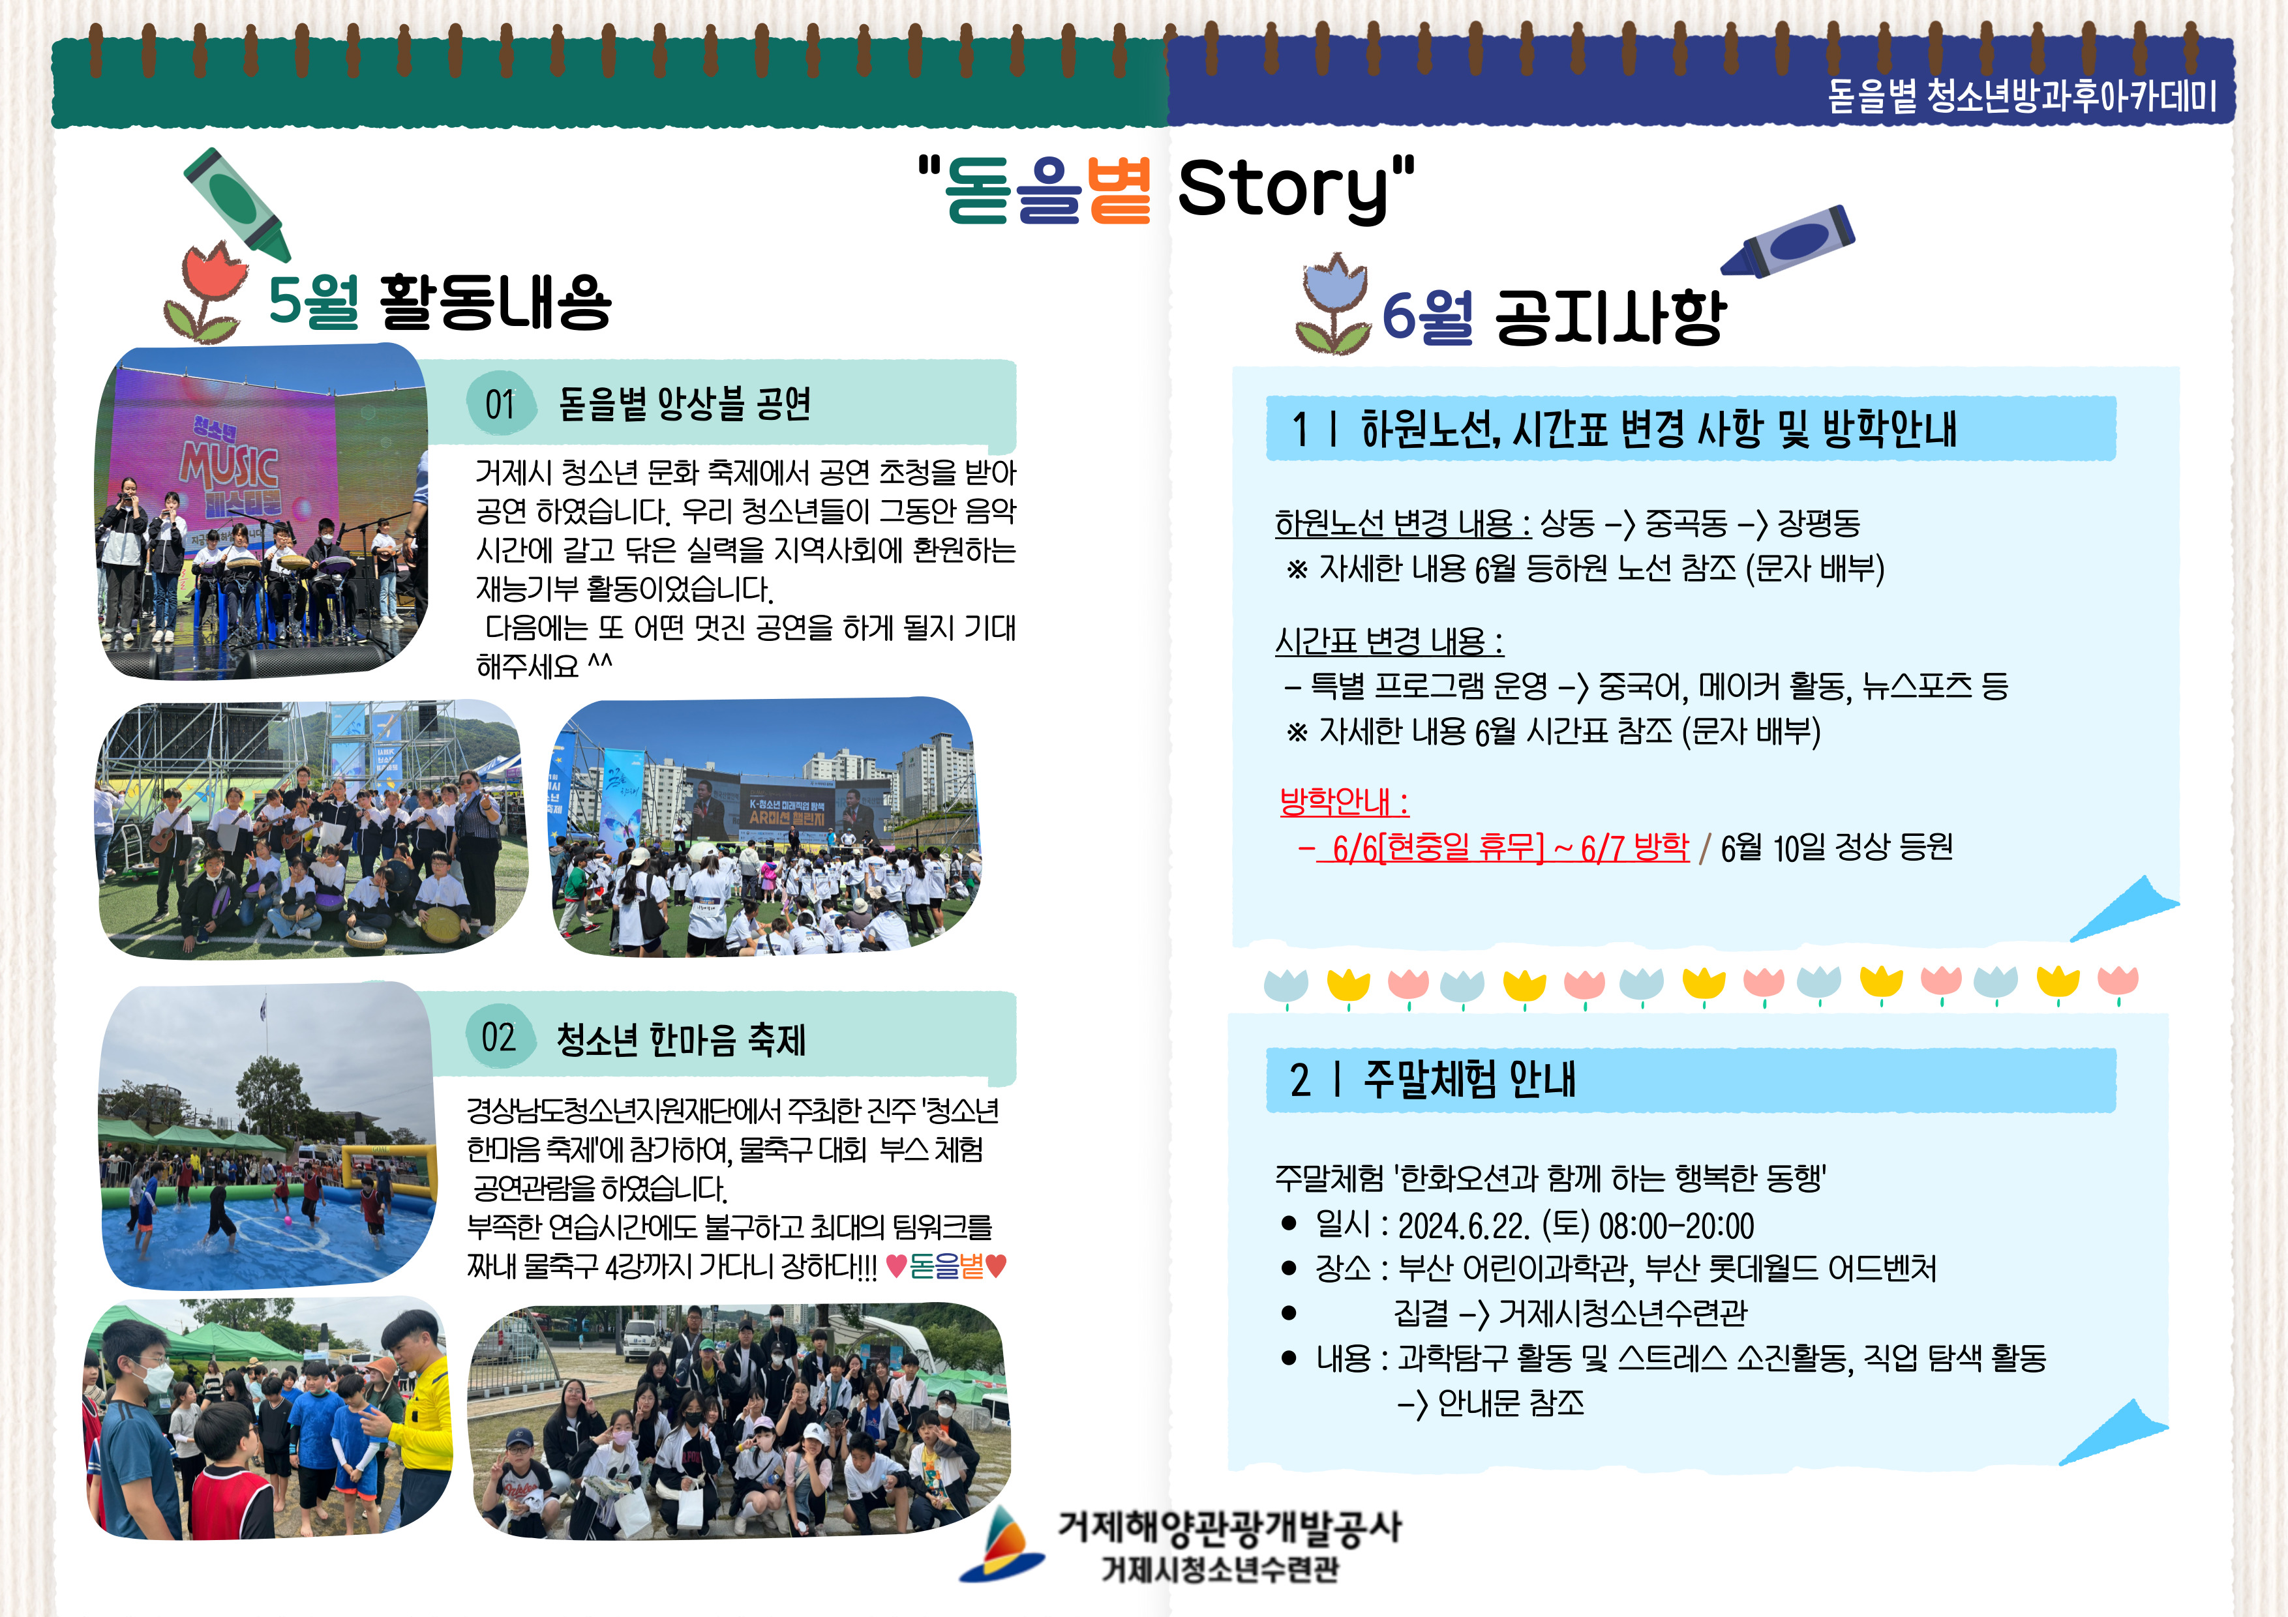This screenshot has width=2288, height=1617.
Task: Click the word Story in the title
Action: tap(1284, 189)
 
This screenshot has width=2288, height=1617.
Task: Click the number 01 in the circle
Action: tap(499, 404)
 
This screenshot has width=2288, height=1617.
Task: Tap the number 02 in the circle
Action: tap(498, 1037)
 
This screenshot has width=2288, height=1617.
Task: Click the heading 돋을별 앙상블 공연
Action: tap(685, 404)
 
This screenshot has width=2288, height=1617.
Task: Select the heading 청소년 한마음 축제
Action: tap(682, 1039)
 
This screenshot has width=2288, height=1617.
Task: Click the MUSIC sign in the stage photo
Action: tap(229, 466)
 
